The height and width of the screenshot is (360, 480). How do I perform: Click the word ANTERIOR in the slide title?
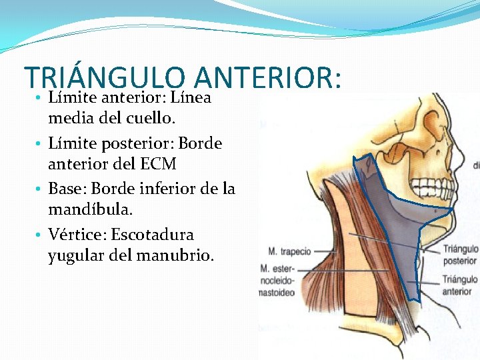267,78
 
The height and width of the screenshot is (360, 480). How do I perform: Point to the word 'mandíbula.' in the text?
91,210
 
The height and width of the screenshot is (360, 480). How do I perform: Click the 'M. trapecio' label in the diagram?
289,252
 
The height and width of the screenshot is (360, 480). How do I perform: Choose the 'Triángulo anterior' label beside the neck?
458,285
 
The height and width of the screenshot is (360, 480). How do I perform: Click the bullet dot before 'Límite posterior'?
40,144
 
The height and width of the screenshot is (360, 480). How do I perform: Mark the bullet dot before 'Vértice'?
40,235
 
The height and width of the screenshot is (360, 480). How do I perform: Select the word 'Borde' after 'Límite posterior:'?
201,143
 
